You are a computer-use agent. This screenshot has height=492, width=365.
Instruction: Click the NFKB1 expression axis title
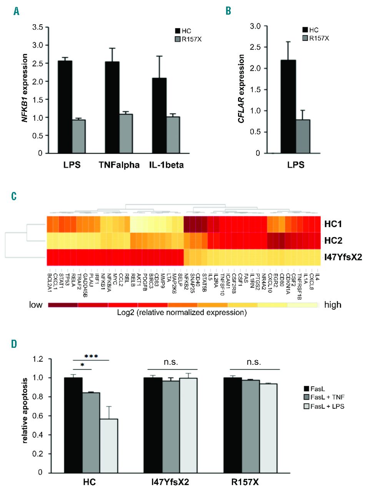[26, 90]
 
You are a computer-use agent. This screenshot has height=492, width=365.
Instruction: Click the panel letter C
[15, 196]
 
